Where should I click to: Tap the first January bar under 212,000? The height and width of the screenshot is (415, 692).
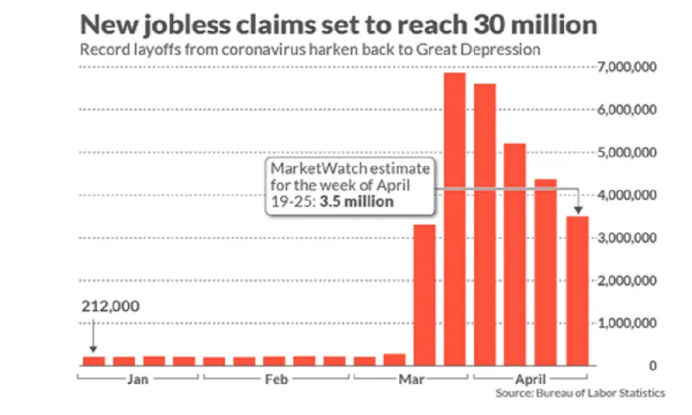tap(93, 361)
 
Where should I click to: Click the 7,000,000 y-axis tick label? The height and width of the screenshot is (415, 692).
tap(627, 67)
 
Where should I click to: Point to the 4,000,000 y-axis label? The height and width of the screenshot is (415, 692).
tap(627, 195)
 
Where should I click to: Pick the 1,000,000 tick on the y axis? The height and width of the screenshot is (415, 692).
tap(627, 323)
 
